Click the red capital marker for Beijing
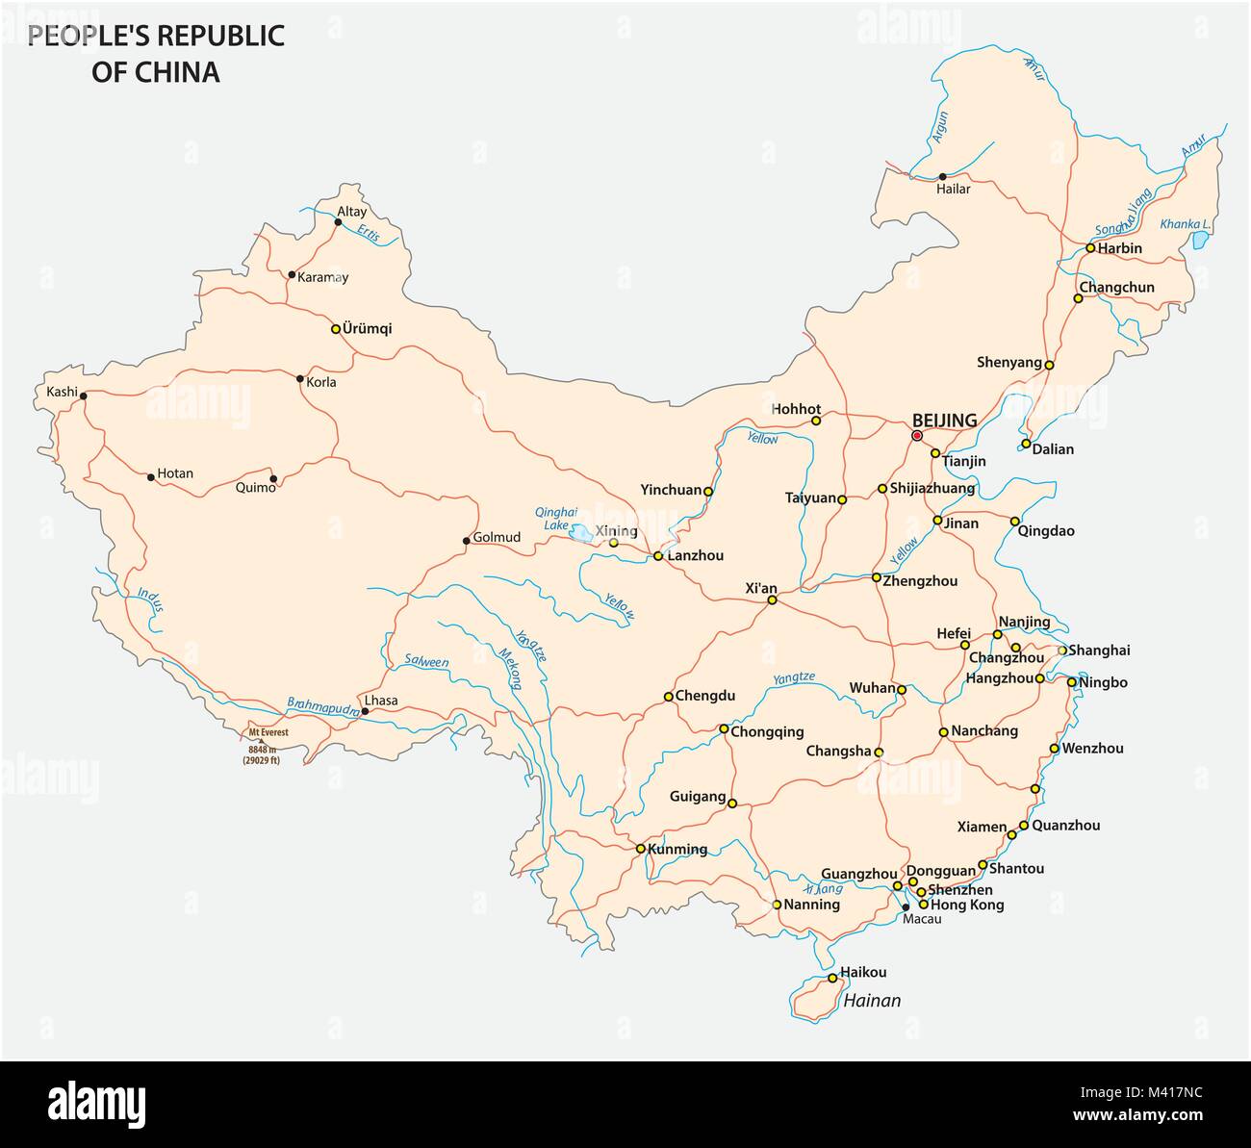pos(917,435)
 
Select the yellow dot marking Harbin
pos(1090,248)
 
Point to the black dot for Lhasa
pos(365,712)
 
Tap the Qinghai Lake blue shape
pos(580,532)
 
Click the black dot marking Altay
pos(338,222)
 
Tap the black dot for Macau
pos(906,906)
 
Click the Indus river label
pos(151,600)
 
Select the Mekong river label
pos(508,668)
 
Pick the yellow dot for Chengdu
pos(668,696)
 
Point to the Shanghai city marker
pos(1062,651)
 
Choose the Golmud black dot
pos(467,541)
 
